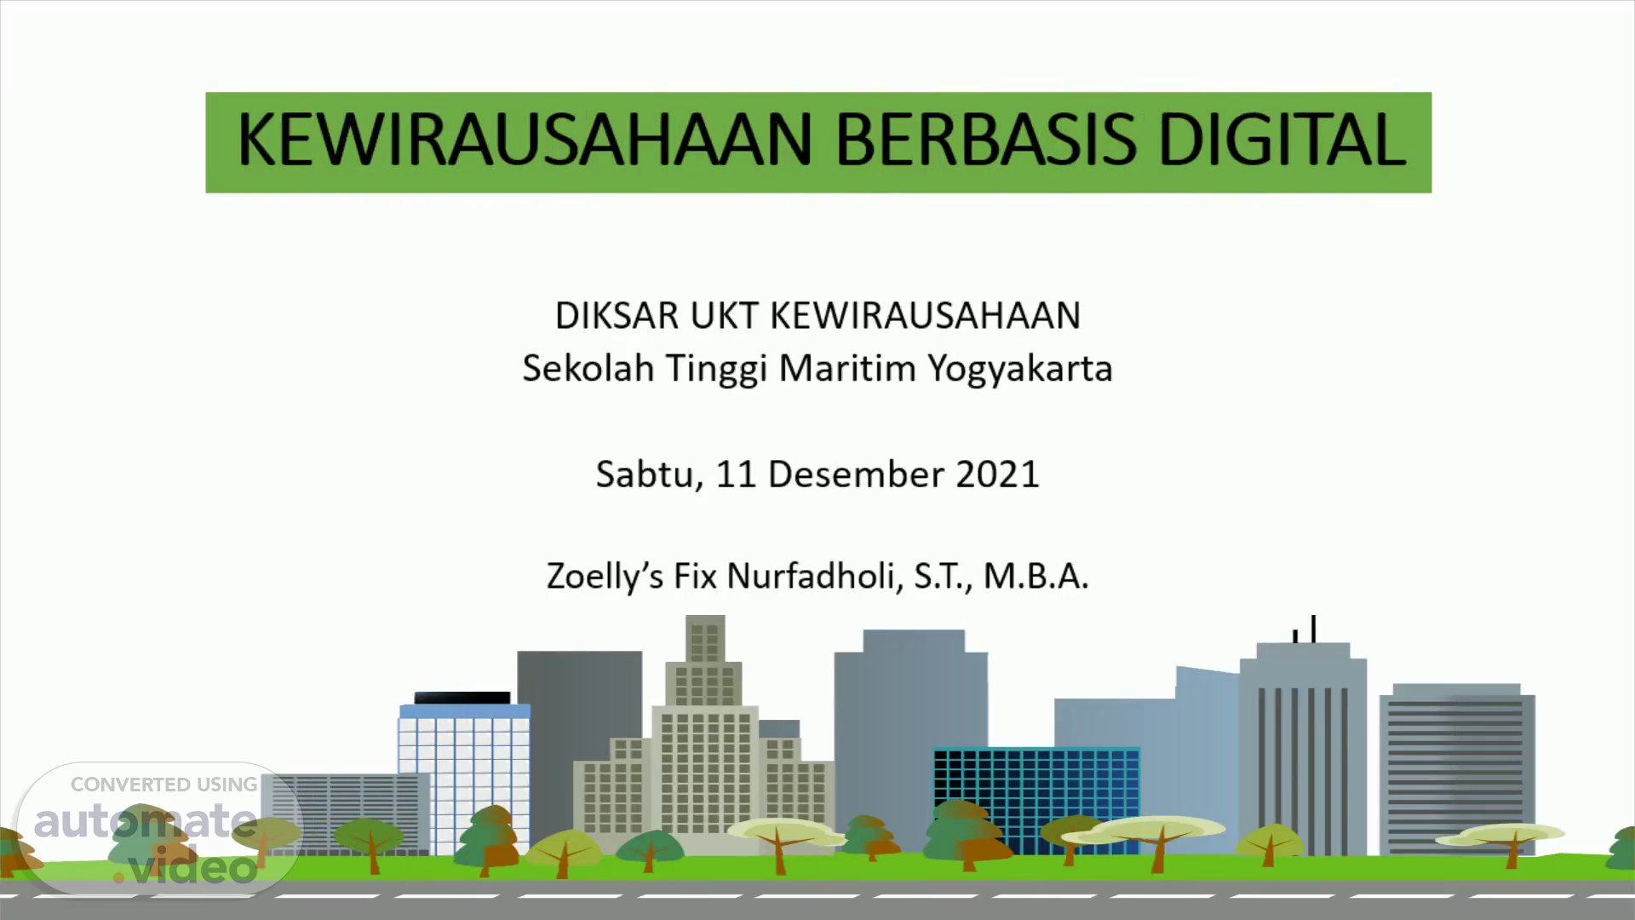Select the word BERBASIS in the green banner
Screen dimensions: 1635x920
986,140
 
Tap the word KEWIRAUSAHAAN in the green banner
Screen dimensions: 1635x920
525,140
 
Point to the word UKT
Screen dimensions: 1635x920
724,316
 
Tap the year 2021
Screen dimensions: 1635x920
998,474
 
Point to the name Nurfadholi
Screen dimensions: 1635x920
814,577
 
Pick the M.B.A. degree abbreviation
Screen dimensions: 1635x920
1036,577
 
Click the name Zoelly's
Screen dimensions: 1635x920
605,578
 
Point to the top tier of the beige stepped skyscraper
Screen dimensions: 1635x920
705,638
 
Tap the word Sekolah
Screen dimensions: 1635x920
588,369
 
